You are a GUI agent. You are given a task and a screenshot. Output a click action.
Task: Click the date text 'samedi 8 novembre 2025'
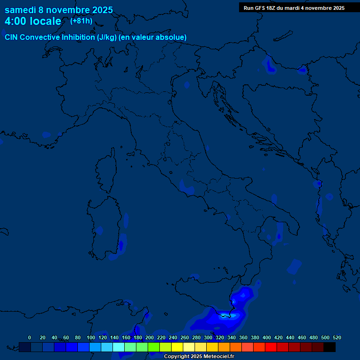pyautogui.click(x=59, y=10)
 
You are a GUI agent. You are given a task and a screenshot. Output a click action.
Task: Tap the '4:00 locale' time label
pyautogui.click(x=33, y=21)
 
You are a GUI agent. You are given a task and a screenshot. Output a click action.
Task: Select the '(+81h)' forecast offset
pyautogui.click(x=81, y=21)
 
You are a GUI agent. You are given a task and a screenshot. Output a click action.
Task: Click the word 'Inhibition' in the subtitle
pyautogui.click(x=78, y=37)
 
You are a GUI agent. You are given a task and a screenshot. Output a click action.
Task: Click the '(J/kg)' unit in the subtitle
pyautogui.click(x=107, y=37)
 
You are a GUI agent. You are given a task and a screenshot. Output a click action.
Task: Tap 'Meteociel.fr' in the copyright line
pyautogui.click(x=218, y=357)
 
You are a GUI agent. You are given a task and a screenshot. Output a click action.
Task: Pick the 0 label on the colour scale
pyautogui.click(x=30, y=337)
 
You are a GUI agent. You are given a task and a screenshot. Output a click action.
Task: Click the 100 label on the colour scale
pyautogui.click(x=90, y=337)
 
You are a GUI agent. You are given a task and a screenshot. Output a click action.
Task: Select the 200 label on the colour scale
pyautogui.click(x=149, y=337)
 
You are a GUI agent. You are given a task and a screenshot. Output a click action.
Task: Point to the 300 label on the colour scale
pyautogui.click(x=208, y=337)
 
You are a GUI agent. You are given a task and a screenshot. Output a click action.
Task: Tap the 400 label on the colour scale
pyautogui.click(x=266, y=337)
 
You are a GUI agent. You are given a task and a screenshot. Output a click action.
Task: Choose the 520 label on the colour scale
pyautogui.click(x=337, y=337)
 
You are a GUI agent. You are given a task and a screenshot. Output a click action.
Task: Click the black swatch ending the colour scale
pyautogui.click(x=330, y=347)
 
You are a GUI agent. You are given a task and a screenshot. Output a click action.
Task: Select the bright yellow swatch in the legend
pyautogui.click(x=177, y=347)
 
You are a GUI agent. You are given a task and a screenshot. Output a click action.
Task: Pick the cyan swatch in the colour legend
pyautogui.click(x=119, y=347)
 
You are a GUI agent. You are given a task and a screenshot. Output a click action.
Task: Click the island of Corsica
pyautogui.click(x=106, y=171)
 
